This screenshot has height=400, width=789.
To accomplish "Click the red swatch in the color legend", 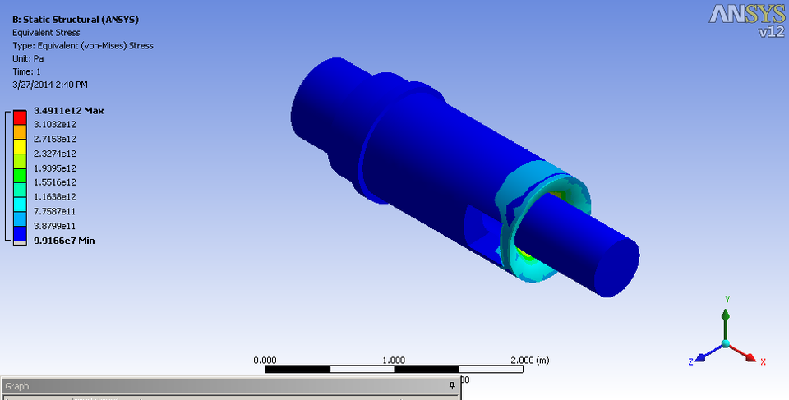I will [20, 117].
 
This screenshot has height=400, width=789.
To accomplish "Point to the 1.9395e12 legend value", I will [55, 168].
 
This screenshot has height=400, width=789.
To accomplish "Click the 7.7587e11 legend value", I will [55, 211].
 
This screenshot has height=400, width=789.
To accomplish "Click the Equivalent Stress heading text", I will [45, 32].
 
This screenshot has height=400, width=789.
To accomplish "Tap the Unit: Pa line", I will [28, 58].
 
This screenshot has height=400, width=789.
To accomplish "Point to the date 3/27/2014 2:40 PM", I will [50, 85].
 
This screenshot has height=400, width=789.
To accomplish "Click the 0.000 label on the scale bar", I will [265, 360].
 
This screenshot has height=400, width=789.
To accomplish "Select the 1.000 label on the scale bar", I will [394, 360].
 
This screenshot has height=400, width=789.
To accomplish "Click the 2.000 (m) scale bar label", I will [530, 360].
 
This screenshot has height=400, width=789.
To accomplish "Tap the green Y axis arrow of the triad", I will [725, 316].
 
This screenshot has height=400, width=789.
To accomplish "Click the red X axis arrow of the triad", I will [750, 356].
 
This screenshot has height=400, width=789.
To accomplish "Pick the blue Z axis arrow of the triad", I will [702, 356].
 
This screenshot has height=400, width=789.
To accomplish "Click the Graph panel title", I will [17, 385].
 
